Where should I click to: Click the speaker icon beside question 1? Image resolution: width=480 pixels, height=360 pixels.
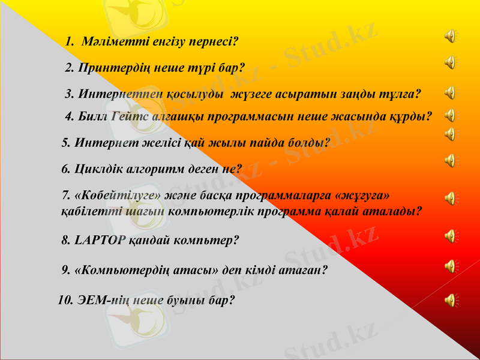(x=449, y=37)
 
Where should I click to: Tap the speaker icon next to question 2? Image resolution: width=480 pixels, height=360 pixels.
(x=449, y=62)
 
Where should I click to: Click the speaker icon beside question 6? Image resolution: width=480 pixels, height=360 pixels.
(x=449, y=160)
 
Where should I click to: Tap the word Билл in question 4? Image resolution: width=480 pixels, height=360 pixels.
(x=93, y=116)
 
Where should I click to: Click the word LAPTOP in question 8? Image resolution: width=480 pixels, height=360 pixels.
(x=100, y=241)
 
